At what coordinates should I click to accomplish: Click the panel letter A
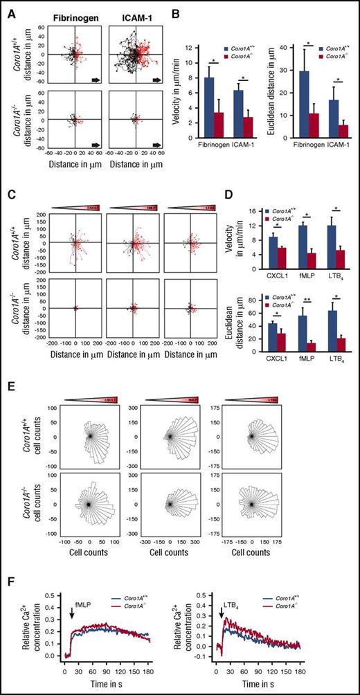[7, 6]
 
